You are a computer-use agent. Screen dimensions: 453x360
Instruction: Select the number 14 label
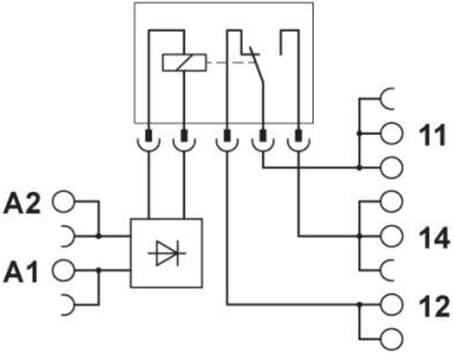(434, 238)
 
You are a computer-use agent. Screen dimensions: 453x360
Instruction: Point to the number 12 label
(434, 306)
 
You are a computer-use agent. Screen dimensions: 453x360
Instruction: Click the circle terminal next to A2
(63, 202)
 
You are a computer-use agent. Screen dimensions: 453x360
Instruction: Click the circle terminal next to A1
(63, 270)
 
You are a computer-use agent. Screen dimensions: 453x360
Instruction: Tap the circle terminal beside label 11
(391, 133)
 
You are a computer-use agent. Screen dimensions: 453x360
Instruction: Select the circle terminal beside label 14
(391, 236)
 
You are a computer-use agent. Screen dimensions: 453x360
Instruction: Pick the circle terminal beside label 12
(391, 304)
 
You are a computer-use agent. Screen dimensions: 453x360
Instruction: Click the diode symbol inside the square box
(167, 253)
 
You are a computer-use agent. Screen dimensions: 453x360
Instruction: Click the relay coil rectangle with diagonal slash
(184, 63)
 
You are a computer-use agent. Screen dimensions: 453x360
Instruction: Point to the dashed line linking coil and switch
(231, 62)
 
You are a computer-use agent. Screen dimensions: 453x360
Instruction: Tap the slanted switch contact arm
(257, 65)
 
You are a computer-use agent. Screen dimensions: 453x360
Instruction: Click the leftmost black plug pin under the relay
(148, 136)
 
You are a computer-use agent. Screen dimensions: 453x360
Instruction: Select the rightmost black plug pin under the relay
(299, 136)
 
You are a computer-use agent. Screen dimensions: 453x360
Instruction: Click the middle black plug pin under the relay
(227, 136)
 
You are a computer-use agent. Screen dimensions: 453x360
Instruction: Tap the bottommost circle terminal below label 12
(391, 338)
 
